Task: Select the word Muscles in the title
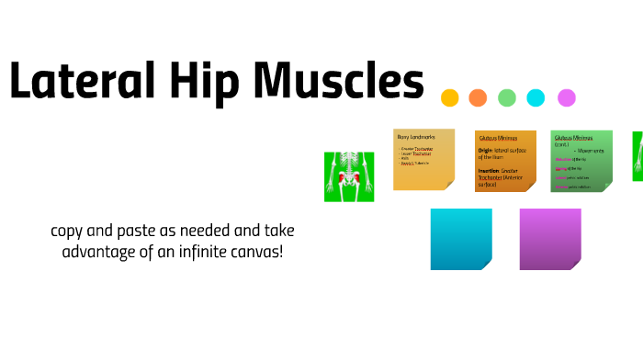(339, 83)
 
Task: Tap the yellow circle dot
(449, 97)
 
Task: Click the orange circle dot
(478, 97)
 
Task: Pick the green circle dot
(507, 97)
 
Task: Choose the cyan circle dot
(536, 97)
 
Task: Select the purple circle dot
(567, 97)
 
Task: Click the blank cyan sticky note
(460, 239)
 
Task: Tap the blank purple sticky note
(550, 239)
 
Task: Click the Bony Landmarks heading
(414, 137)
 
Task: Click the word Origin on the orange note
(486, 150)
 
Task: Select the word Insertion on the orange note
(490, 170)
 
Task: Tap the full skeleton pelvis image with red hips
(349, 176)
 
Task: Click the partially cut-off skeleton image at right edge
(637, 156)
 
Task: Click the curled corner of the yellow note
(448, 185)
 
